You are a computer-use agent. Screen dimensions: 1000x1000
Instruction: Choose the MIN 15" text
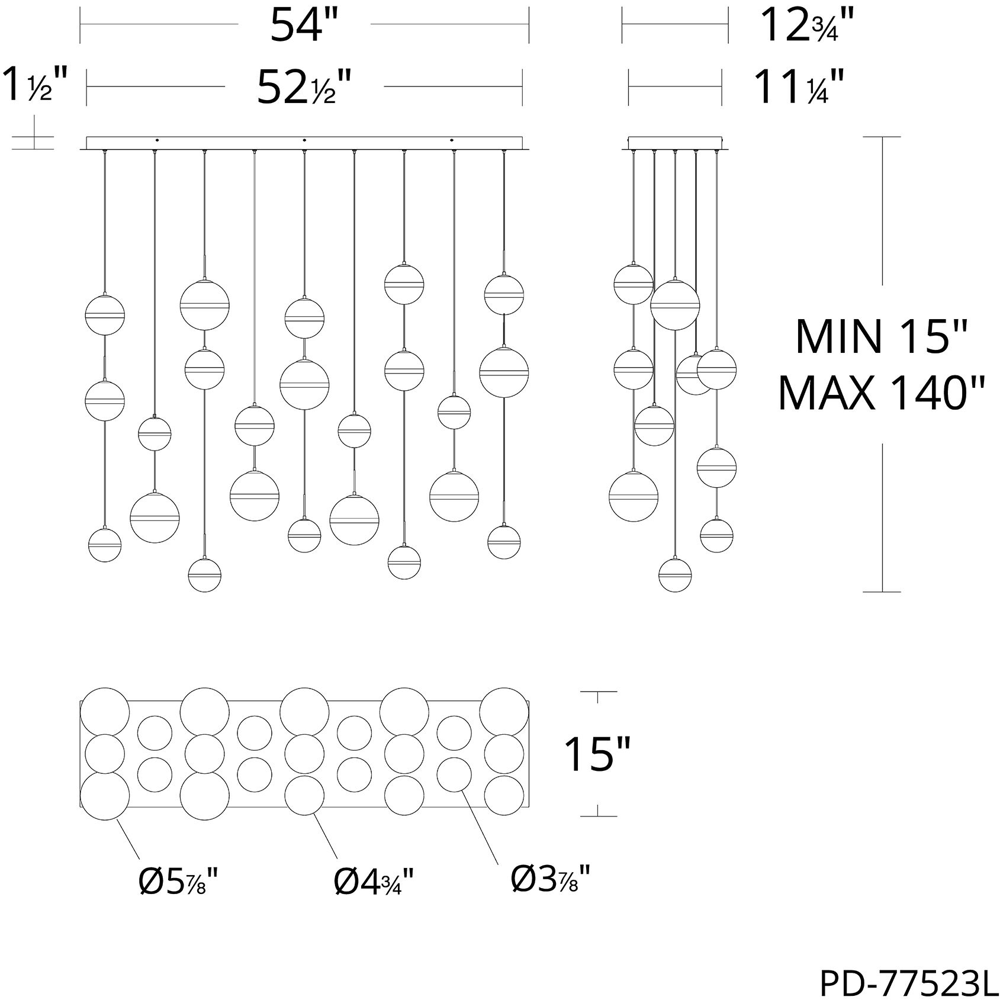(x=882, y=336)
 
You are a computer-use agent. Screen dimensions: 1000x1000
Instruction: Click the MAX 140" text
(x=882, y=393)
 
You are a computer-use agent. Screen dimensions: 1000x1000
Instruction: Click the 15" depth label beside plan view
(x=597, y=754)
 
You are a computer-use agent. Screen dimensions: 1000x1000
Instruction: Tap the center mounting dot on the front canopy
(x=304, y=140)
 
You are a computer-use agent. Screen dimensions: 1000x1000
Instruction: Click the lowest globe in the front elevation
(x=204, y=574)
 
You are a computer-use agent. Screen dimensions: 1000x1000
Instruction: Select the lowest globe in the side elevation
(x=675, y=574)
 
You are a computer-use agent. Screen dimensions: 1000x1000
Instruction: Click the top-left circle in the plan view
(x=105, y=712)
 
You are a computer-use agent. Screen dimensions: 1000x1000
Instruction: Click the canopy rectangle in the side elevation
(x=675, y=143)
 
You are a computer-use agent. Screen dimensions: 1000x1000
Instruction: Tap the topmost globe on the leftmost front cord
(x=105, y=314)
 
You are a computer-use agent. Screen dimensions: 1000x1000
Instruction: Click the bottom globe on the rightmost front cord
(x=504, y=541)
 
